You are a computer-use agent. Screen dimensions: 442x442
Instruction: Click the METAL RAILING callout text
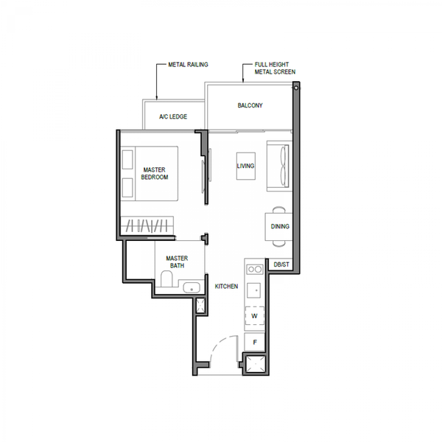188,65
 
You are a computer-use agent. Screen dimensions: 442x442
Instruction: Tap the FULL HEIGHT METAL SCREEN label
275,69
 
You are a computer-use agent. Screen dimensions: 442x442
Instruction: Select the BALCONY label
250,105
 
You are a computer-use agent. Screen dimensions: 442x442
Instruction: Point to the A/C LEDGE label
173,116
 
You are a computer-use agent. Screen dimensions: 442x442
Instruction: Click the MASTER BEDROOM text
155,173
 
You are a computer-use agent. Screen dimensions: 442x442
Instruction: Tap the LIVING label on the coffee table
245,166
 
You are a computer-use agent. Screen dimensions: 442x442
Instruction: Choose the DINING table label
280,226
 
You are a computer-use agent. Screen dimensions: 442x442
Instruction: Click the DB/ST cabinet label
281,264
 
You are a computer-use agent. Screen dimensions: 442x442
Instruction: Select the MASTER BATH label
177,262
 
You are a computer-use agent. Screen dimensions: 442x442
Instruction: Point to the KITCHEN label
226,287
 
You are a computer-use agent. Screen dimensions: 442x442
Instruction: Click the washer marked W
255,316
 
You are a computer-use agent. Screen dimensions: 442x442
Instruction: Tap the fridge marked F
255,343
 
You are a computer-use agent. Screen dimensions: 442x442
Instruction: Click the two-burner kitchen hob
255,269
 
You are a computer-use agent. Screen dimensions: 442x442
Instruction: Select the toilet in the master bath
166,278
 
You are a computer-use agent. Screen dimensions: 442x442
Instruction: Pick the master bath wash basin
192,288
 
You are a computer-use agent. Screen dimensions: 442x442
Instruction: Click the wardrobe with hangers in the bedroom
147,225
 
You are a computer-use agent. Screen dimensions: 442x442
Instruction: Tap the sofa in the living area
279,166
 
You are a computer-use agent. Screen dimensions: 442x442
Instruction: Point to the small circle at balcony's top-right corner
296,88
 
